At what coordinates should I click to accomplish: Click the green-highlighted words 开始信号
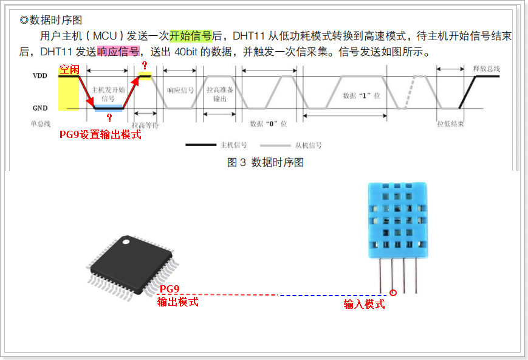click(x=190, y=35)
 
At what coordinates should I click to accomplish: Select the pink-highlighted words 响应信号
click(x=118, y=51)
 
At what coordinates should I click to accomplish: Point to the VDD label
click(x=39, y=77)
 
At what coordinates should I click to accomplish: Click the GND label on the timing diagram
click(x=40, y=108)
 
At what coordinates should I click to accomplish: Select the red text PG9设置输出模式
click(x=100, y=135)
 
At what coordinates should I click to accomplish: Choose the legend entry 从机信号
click(x=308, y=145)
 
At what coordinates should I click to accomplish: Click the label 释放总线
click(x=485, y=69)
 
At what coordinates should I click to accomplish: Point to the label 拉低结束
click(x=450, y=123)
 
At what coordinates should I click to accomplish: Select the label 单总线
click(x=41, y=123)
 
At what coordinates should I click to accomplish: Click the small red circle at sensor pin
click(x=393, y=293)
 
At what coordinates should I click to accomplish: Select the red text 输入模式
click(x=364, y=304)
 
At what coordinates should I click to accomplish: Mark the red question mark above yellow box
click(x=144, y=65)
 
